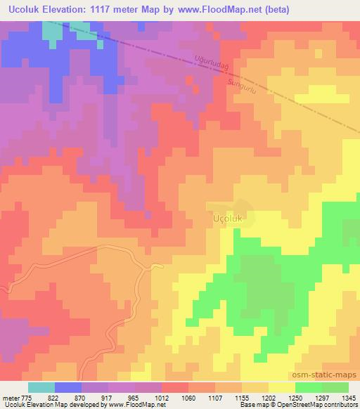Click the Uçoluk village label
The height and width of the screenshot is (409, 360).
[x=227, y=219]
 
